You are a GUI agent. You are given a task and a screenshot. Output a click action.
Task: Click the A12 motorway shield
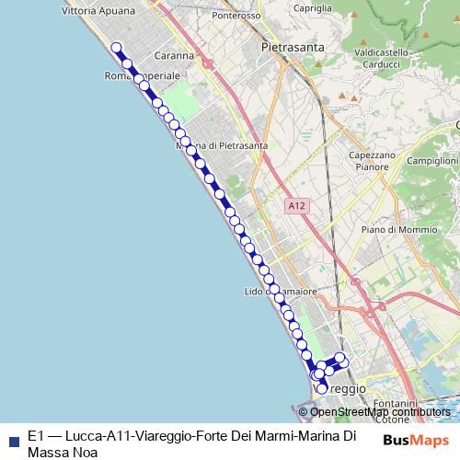tap(294, 205)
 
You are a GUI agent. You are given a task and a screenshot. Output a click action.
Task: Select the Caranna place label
tap(175, 55)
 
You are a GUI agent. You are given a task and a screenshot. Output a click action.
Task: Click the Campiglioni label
tap(432, 160)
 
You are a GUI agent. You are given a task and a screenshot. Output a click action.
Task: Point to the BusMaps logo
tap(416, 440)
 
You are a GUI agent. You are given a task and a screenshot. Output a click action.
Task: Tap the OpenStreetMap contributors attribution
tap(380, 412)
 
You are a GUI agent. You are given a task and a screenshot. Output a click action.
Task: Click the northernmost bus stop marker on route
tap(117, 48)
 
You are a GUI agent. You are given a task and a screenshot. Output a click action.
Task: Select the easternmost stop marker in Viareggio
tap(339, 357)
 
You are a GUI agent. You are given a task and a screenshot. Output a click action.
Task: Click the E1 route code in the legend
tap(36, 436)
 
